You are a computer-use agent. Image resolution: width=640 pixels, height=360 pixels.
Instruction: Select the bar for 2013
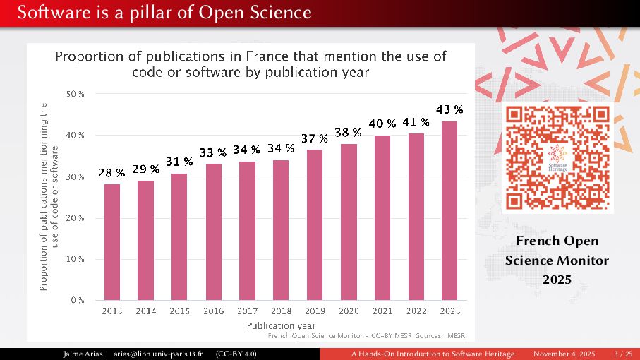coord(112,242)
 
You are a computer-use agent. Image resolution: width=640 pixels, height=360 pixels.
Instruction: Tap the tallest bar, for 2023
coord(449,211)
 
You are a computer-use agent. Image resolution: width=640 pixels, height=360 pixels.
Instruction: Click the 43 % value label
coord(449,109)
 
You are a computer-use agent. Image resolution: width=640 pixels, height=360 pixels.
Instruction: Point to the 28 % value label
coord(111,172)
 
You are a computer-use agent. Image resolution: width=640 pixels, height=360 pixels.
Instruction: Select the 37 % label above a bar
coord(315,138)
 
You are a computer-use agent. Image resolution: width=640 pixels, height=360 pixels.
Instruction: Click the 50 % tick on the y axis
coord(76,94)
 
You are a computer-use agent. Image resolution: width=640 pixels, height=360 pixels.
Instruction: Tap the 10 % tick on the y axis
coord(76,259)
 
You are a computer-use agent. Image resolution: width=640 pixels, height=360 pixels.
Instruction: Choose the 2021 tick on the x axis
coord(382,311)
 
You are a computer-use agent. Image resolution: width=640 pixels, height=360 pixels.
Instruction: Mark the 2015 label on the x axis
coord(180,311)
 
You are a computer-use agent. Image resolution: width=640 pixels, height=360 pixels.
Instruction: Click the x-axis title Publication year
coord(281,326)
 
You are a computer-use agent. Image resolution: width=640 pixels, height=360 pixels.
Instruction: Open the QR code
coord(557,159)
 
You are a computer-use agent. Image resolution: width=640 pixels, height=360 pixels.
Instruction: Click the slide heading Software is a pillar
coord(155,12)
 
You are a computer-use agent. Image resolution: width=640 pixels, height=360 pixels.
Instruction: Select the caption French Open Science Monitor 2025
coord(557,260)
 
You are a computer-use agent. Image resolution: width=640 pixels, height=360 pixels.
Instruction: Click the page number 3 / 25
coord(623,353)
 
